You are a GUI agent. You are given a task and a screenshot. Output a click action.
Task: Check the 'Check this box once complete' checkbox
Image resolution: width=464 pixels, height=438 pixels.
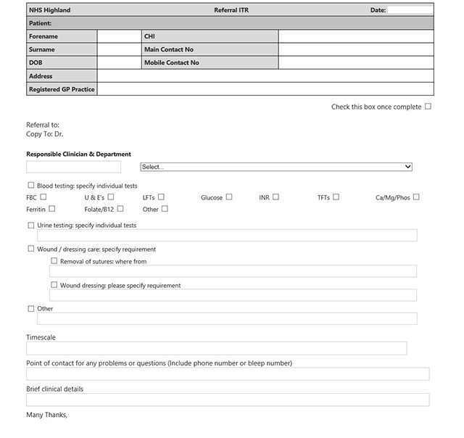(x=428, y=107)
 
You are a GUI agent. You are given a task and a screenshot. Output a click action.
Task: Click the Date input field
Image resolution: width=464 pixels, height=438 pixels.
(x=410, y=10)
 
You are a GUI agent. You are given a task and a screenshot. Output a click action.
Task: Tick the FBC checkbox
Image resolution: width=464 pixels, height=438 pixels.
(x=43, y=197)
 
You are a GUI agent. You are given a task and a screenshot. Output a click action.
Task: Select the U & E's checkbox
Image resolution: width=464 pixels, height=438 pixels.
(x=111, y=197)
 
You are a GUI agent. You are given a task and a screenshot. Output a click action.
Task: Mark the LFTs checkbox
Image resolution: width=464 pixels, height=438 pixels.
(x=161, y=197)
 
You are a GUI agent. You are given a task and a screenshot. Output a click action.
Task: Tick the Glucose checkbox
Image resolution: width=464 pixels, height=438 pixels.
(x=229, y=197)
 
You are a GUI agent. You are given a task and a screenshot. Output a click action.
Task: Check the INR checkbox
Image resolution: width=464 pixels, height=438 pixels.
(x=275, y=197)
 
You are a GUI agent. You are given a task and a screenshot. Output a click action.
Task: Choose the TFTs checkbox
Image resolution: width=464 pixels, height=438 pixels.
(x=336, y=197)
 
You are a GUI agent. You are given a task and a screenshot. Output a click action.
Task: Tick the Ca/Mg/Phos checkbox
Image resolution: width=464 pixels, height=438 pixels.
(x=416, y=197)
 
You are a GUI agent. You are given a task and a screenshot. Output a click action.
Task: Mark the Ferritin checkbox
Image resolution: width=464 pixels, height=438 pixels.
(x=51, y=209)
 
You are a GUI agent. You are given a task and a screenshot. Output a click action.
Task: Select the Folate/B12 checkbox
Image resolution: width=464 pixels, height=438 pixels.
(x=120, y=209)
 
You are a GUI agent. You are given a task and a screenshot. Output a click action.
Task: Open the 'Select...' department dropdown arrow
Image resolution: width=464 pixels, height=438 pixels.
(x=407, y=167)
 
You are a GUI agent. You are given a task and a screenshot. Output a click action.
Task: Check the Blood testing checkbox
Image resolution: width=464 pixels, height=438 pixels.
(x=30, y=186)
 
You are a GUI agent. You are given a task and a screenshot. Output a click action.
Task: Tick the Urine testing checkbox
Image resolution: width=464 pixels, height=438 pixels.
(x=30, y=225)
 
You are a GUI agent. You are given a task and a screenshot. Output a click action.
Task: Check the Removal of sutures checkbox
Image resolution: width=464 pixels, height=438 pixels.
(x=54, y=261)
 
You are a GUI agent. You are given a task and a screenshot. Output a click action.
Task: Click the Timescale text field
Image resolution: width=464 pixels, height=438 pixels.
(x=216, y=349)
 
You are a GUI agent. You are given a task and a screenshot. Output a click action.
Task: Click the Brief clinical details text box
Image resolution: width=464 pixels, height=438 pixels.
(x=227, y=400)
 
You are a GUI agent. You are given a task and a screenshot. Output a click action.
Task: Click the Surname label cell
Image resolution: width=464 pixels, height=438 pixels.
(x=61, y=49)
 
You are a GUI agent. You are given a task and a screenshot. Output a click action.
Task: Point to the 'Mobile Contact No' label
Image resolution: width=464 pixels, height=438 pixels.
(x=172, y=63)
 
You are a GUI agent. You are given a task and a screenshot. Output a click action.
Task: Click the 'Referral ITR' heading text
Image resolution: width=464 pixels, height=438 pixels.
(x=231, y=10)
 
